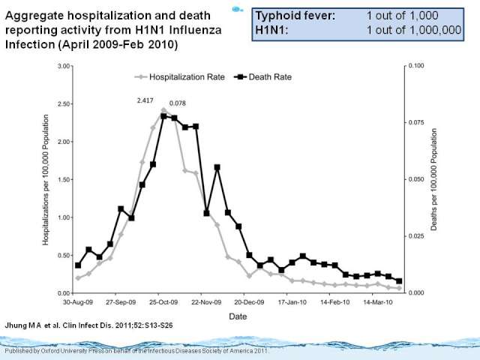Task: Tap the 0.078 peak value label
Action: point(178,103)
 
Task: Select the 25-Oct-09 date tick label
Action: point(161,302)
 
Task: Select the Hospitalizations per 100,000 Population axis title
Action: point(46,180)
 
